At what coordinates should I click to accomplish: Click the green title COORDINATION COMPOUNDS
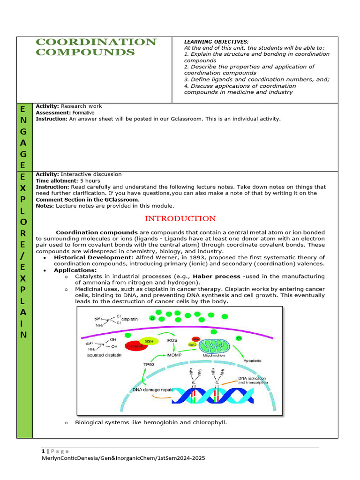(96, 47)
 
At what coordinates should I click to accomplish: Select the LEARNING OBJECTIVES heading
(216, 42)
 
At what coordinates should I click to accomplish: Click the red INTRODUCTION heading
(180, 218)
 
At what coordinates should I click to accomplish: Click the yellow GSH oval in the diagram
(149, 341)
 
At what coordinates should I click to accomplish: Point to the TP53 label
(149, 364)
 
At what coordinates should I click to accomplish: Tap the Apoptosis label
(252, 361)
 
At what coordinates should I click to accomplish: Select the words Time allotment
(56, 180)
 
